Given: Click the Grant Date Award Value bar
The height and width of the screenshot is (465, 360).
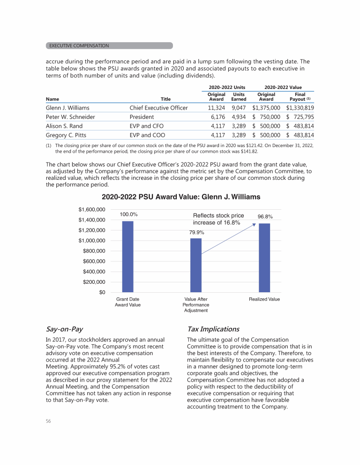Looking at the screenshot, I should [127, 257].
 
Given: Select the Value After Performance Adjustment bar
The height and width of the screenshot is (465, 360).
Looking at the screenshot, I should [196, 266].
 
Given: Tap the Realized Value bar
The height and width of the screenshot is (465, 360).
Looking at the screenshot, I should [264, 258].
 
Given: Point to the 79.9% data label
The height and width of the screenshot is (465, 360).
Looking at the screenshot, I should [197, 232].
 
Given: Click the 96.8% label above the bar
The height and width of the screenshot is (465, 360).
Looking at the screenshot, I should [265, 217].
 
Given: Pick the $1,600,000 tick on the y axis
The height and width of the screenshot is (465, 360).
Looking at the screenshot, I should [91, 209].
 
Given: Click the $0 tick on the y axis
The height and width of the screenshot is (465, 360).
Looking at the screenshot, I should [101, 293].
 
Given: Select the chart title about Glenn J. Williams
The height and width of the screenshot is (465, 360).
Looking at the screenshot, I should [180, 197].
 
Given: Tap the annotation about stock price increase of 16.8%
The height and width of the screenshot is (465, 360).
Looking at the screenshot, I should [218, 219].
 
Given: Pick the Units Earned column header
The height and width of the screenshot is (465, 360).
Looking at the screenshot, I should [239, 96].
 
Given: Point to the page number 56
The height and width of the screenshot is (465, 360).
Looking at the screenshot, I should [48, 421].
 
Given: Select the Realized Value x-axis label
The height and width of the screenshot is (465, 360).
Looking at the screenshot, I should [264, 299].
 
